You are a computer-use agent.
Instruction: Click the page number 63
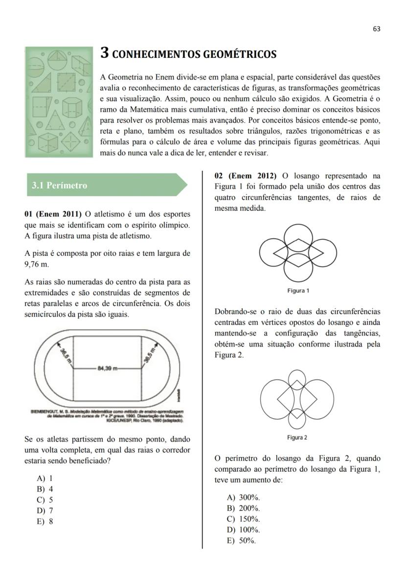[376, 29]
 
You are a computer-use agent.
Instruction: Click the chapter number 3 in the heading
[105, 53]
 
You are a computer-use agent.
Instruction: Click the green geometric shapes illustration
[59, 102]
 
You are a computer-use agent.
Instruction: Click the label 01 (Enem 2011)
[53, 214]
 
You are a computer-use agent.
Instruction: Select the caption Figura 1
[298, 291]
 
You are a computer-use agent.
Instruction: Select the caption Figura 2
[297, 437]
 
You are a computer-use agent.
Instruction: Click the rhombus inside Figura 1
[298, 252]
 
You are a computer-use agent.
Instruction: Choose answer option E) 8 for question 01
[45, 521]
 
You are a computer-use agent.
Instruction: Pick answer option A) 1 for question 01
[45, 479]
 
